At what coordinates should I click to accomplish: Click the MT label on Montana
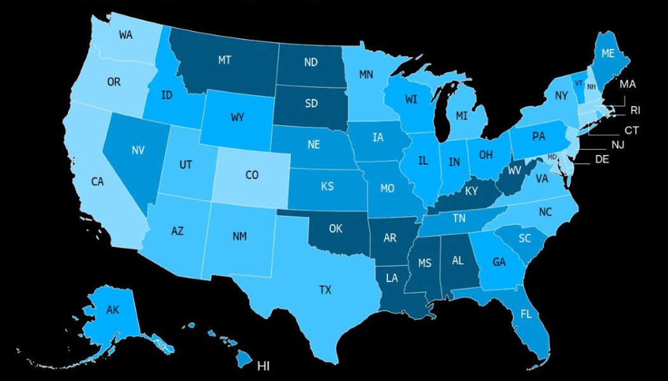coord(224,60)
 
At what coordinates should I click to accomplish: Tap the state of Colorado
coord(252,175)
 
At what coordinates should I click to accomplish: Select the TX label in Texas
coord(325,290)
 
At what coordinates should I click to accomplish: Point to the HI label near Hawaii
coord(263,366)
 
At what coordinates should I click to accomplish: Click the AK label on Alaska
coord(113,311)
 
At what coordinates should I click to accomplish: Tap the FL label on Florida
coord(526,314)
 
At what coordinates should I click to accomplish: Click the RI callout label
coord(635,110)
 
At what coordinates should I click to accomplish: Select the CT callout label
coord(631,131)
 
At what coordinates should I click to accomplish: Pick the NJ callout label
coord(618,145)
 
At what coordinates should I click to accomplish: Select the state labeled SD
coord(312,103)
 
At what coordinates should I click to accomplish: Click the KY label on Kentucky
coord(471,191)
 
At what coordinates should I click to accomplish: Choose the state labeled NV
coord(137,150)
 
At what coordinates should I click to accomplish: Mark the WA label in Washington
coord(126,35)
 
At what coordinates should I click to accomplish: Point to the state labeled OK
coord(337,229)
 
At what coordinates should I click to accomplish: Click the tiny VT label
coord(579,83)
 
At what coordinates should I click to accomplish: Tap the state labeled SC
coord(524,238)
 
